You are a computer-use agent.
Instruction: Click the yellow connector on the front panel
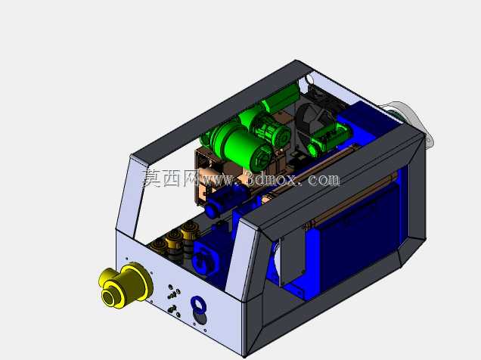[x=126, y=286]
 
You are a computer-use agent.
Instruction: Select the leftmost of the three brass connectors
[x=158, y=244]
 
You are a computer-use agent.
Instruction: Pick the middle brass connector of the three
[x=174, y=238]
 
